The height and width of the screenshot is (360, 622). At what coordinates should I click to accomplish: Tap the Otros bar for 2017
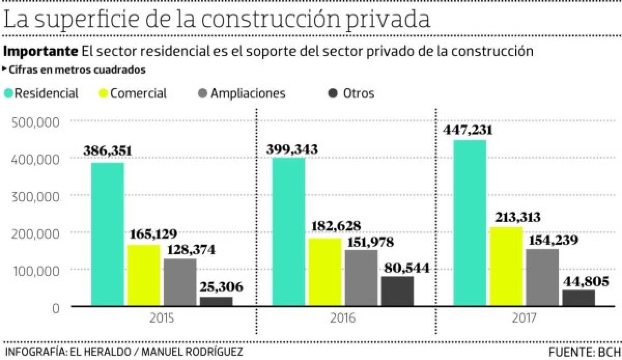click(578, 298)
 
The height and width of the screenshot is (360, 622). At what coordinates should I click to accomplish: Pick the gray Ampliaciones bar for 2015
click(180, 282)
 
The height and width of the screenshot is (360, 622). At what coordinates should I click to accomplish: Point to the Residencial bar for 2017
click(470, 223)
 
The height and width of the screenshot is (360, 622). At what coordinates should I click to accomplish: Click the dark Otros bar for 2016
click(398, 291)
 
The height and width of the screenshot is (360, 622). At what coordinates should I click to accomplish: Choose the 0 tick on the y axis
click(56, 308)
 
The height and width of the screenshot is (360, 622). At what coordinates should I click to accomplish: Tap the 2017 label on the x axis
click(524, 317)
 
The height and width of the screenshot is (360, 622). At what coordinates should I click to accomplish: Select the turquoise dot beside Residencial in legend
click(8, 93)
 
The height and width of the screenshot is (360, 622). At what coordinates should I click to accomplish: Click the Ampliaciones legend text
click(248, 93)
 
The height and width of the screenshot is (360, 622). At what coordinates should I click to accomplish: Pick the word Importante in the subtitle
click(40, 52)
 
